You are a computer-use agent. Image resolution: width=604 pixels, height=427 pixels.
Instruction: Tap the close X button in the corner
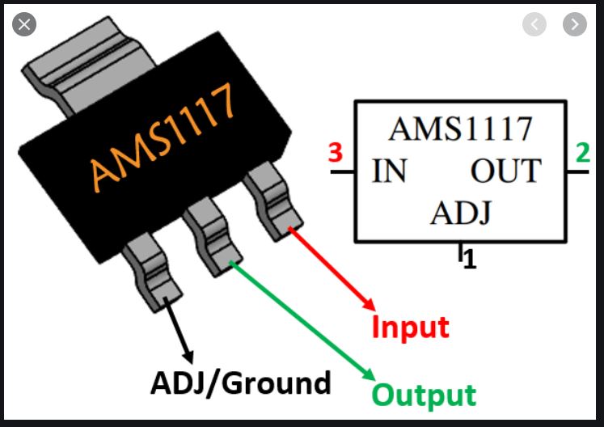(24, 24)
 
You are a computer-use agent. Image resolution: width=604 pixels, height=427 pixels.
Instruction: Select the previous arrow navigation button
(534, 24)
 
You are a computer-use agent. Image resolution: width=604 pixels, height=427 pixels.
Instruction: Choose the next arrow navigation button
(575, 24)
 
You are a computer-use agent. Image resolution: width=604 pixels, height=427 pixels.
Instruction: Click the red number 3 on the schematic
(336, 153)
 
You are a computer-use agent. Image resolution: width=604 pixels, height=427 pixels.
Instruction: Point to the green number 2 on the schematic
(582, 153)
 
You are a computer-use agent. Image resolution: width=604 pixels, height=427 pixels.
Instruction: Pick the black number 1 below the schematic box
(470, 262)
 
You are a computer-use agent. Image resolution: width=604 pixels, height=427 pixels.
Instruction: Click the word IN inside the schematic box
(390, 171)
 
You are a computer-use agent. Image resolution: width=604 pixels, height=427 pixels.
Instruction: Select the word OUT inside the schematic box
(505, 171)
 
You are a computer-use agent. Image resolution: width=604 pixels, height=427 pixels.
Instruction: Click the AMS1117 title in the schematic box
(461, 129)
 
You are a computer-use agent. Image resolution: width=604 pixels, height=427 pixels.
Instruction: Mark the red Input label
(410, 328)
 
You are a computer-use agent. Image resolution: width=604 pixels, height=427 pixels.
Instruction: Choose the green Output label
(424, 395)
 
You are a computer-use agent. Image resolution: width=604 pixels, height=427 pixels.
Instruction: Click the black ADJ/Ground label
(241, 382)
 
